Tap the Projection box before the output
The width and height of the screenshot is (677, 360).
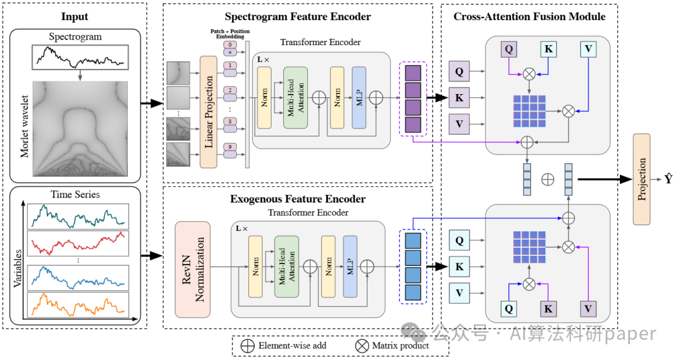click(x=641, y=179)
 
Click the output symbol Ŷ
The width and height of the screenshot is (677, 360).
click(x=668, y=179)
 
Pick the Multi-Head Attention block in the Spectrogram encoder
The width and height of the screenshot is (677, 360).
click(x=295, y=98)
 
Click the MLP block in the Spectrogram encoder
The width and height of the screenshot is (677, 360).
click(x=359, y=98)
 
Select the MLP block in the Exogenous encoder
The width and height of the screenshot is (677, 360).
click(x=349, y=267)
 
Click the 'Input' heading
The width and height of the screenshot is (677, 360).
click(x=75, y=16)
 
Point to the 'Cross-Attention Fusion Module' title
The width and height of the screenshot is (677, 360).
click(x=529, y=16)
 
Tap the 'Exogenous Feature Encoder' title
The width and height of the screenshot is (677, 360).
click(x=298, y=199)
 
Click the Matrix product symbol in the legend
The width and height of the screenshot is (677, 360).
click(x=362, y=345)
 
